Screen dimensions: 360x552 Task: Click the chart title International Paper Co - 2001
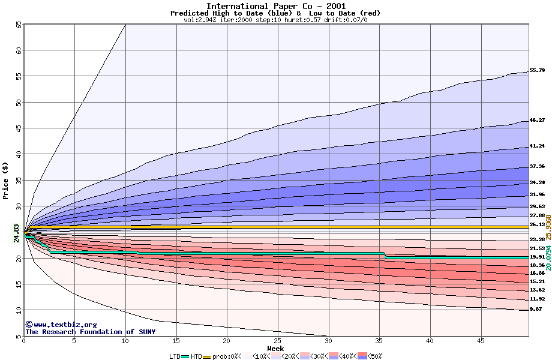tap(275, 6)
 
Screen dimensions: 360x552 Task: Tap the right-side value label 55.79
tap(537, 70)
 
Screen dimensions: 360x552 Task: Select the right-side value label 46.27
tap(537, 120)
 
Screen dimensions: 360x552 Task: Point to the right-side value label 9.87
tap(536, 309)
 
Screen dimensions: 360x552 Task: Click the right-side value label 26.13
tap(537, 224)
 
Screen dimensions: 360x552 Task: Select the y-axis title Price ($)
tap(6, 180)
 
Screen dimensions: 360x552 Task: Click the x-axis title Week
tap(275, 349)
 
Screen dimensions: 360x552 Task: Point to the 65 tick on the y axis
tap(18, 25)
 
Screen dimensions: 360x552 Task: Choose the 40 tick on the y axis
tap(18, 154)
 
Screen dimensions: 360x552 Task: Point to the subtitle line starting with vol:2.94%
tap(275, 20)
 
